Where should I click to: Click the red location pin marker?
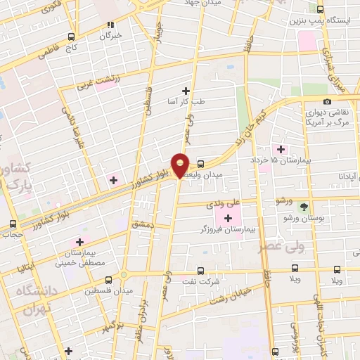(x=181, y=165)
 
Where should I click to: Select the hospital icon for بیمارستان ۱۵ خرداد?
(x=281, y=150)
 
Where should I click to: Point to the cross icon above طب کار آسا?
(x=186, y=90)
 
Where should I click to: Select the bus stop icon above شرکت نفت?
(x=201, y=270)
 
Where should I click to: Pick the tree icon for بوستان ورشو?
(x=304, y=207)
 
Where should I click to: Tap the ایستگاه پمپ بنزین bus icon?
(x=321, y=10)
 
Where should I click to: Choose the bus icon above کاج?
(x=71, y=36)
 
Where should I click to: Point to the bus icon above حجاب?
(x=13, y=225)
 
